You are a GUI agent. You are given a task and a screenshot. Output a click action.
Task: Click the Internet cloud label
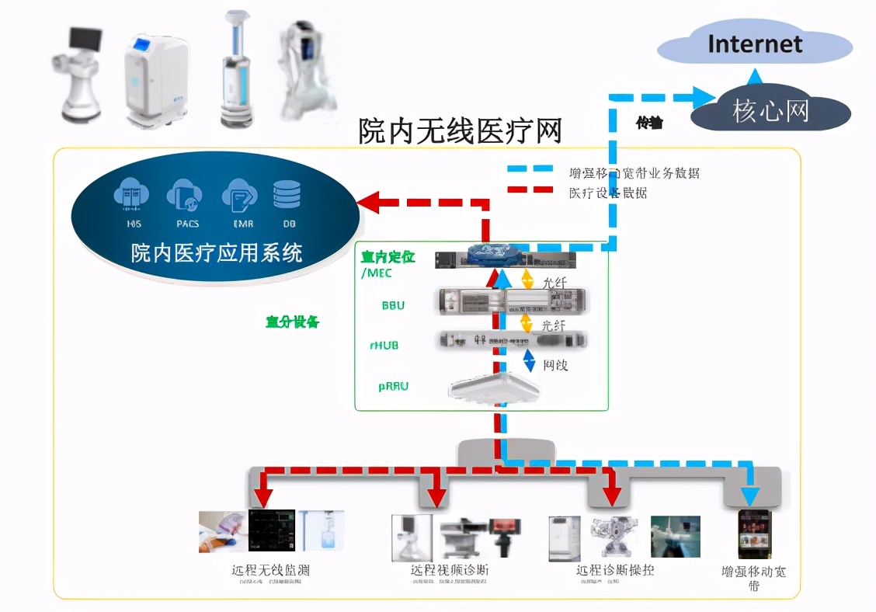(754, 43)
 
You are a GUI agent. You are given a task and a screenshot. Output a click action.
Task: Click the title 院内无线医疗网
(460, 130)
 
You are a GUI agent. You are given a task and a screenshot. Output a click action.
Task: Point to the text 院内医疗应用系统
(217, 252)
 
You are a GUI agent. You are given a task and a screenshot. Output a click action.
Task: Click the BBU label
(393, 305)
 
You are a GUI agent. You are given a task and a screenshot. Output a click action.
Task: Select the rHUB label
(384, 344)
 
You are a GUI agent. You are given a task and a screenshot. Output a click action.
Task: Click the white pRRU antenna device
(493, 387)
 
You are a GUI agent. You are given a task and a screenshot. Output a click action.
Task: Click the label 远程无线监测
(270, 570)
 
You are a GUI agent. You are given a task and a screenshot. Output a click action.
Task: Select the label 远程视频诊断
(450, 570)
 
